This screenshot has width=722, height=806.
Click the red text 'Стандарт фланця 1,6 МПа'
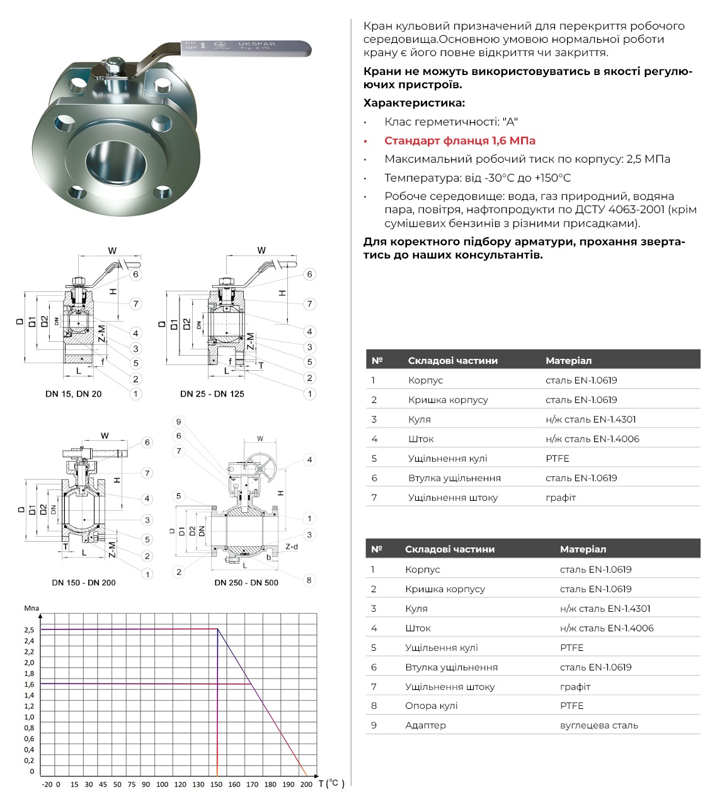click(460, 141)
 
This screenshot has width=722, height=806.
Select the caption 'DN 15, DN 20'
click(73, 394)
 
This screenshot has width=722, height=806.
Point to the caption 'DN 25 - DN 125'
click(212, 394)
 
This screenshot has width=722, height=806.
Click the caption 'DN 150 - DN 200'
click(84, 583)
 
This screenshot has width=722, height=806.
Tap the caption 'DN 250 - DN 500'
click(246, 583)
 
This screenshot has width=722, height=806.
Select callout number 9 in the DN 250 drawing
click(179, 422)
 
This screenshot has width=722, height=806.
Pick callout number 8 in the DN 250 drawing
click(309, 580)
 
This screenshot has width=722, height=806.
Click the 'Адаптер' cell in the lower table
click(425, 725)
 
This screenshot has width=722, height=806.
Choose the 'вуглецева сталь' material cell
click(599, 725)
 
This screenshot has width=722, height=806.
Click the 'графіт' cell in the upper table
click(561, 498)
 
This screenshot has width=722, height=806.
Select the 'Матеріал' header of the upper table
click(568, 361)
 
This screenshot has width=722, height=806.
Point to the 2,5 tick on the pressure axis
click(29, 630)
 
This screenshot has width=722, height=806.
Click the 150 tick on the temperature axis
click(216, 785)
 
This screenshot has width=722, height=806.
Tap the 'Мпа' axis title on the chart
click(32, 609)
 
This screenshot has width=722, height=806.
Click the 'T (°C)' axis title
click(331, 783)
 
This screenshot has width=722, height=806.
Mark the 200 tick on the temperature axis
click(306, 785)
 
